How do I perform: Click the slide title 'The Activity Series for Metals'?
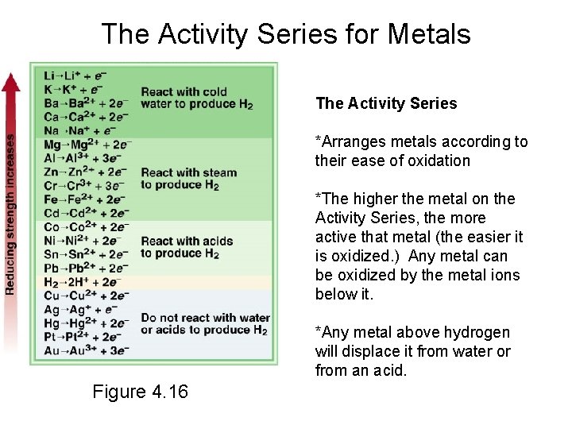[x=286, y=34]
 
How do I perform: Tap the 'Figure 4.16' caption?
[x=140, y=392]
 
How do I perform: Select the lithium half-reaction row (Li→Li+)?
[x=75, y=75]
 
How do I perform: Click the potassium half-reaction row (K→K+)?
[x=75, y=89]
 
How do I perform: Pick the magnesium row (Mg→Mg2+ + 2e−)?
[x=87, y=144]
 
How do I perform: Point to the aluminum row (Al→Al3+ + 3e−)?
[x=83, y=158]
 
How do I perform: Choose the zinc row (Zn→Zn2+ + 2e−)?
[x=85, y=172]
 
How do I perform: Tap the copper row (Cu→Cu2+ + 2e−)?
[x=86, y=296]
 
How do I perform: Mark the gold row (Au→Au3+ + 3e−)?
[x=85, y=350]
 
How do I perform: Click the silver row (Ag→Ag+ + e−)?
[x=80, y=310]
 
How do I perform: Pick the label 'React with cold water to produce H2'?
[x=196, y=98]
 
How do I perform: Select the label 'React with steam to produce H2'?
[x=188, y=179]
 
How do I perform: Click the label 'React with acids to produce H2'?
[x=187, y=247]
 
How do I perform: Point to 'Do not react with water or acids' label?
[x=205, y=323]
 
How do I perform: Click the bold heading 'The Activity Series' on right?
[x=386, y=103]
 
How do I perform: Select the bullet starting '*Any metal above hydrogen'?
[x=412, y=351]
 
